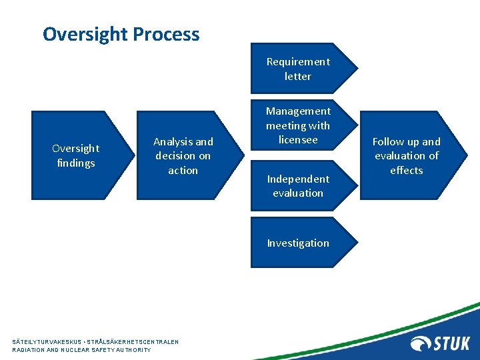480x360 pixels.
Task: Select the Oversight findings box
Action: (75, 155)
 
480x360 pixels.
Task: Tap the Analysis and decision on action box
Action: (183, 155)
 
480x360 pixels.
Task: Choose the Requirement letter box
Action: (298, 69)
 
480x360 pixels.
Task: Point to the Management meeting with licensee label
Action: (298, 125)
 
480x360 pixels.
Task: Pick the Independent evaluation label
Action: (298, 186)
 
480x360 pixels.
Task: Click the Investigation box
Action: (298, 243)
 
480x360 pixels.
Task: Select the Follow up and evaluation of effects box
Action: (406, 155)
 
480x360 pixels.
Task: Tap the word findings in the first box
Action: (75, 163)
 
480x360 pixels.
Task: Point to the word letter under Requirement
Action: (298, 77)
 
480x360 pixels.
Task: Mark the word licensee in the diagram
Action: (298, 140)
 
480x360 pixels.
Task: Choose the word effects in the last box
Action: (407, 171)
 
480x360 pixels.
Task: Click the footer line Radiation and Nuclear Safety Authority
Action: (81, 350)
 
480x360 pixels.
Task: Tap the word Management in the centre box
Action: (298, 111)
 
